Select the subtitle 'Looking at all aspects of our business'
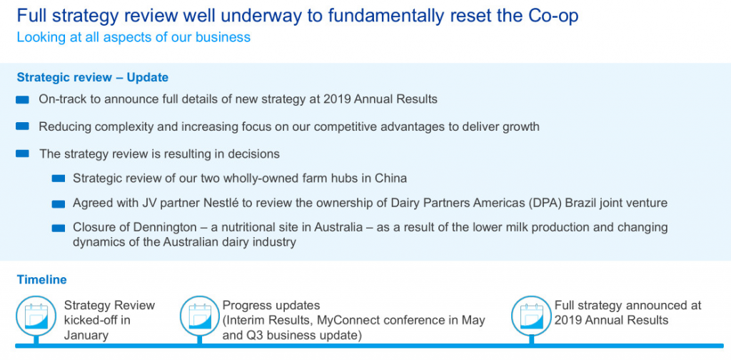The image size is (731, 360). click(133, 37)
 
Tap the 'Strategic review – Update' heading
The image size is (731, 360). click(93, 77)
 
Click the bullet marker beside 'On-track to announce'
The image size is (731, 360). click(22, 100)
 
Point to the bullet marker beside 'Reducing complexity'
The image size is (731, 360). click(22, 126)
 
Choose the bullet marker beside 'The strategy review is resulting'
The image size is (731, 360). click(22, 154)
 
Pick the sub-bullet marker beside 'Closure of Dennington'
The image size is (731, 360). click(59, 228)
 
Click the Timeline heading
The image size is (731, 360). click(41, 280)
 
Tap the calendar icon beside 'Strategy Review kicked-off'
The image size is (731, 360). click(36, 316)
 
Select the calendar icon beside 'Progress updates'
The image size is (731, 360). click(200, 316)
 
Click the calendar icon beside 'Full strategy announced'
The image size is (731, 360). click(531, 316)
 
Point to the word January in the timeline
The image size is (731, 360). click(86, 335)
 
